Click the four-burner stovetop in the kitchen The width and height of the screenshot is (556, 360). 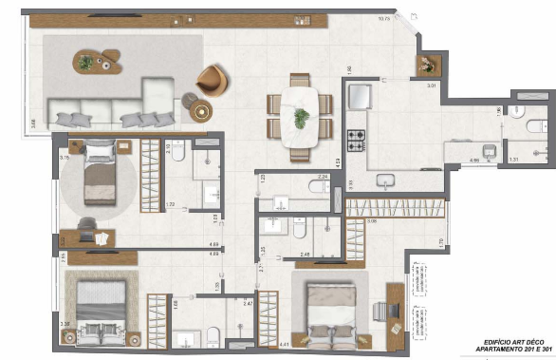click(x=356, y=141)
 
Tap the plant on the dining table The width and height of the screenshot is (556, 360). click(x=301, y=118)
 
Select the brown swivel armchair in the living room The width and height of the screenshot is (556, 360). click(x=212, y=80)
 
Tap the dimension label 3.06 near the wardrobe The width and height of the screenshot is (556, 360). click(x=372, y=221)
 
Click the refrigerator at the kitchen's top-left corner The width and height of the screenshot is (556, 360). click(x=360, y=96)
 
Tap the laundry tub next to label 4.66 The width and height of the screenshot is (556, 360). click(x=489, y=151)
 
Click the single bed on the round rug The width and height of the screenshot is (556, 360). click(x=100, y=172)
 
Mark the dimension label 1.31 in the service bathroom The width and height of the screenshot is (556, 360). click(x=514, y=159)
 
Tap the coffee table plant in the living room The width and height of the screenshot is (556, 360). click(x=85, y=63)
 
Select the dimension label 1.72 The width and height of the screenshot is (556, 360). click(x=171, y=205)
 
